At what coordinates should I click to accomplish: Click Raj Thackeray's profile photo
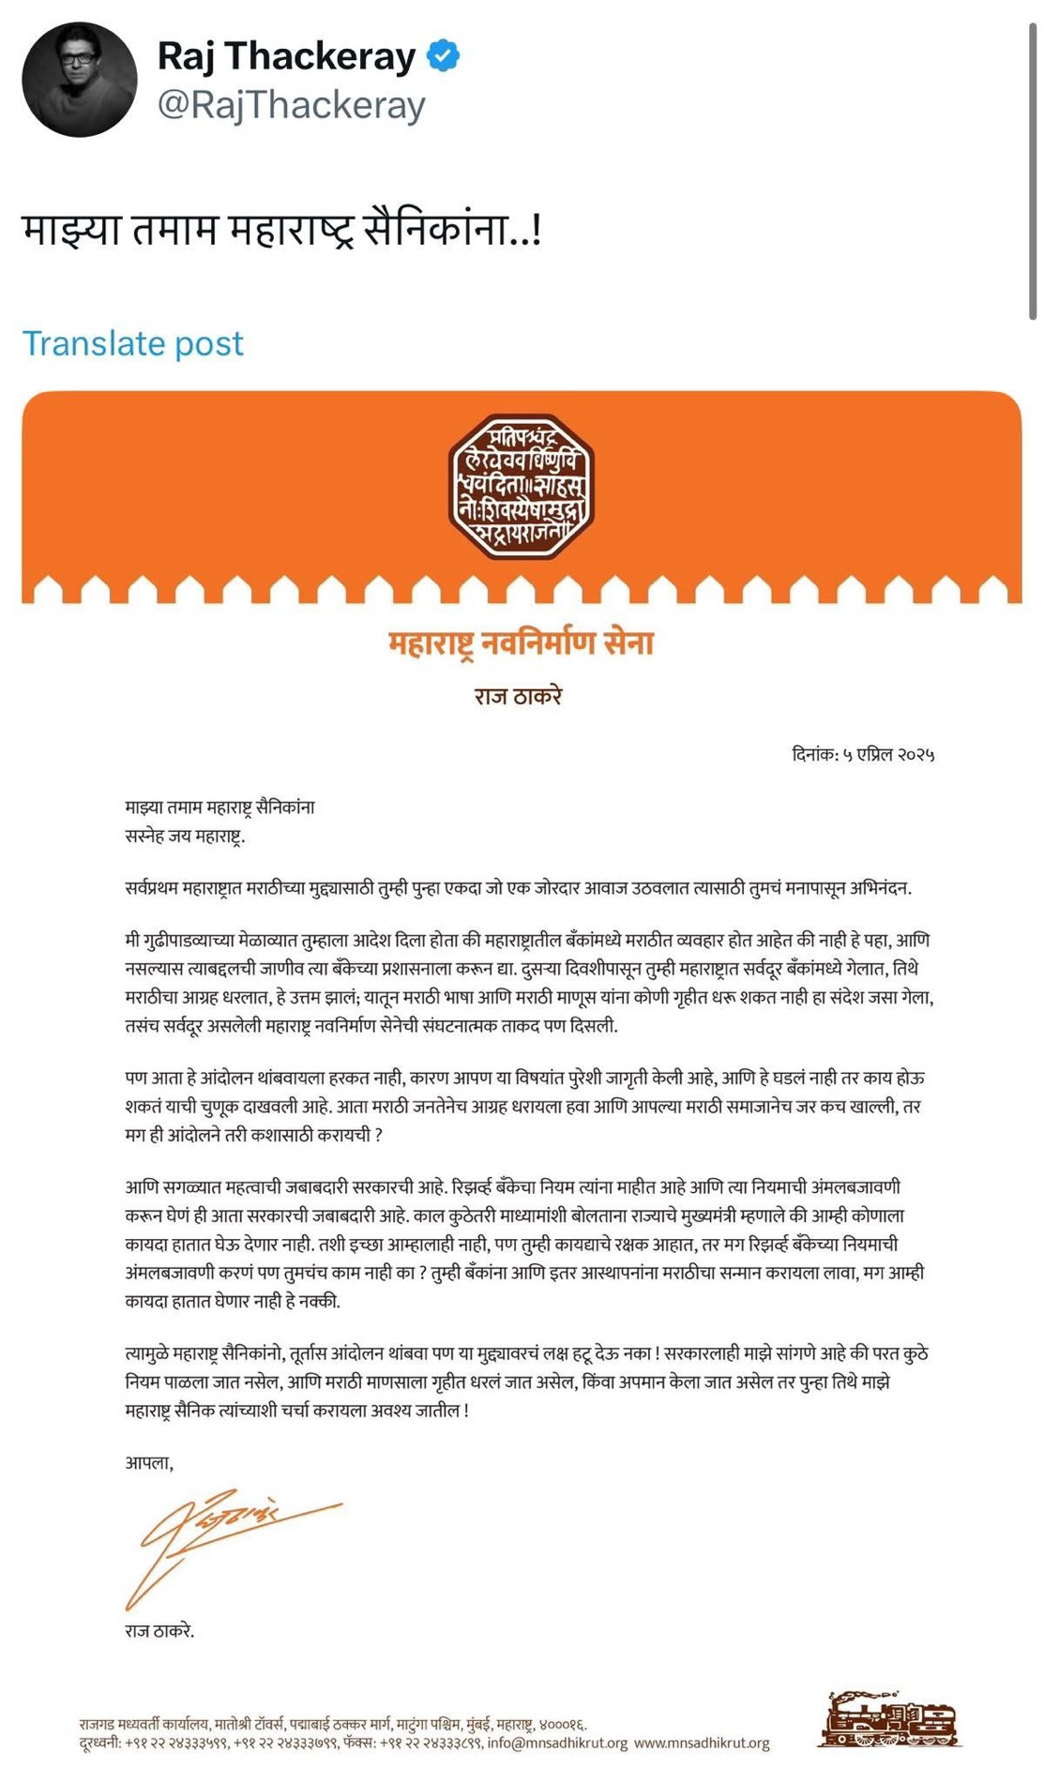(80, 80)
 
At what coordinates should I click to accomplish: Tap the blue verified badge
(443, 56)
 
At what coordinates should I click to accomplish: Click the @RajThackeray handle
(291, 104)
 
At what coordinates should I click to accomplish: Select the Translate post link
(132, 343)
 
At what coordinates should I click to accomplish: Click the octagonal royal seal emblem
(522, 487)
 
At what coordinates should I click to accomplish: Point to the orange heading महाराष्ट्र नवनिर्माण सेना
(522, 643)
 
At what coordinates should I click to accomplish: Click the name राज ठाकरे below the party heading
(518, 696)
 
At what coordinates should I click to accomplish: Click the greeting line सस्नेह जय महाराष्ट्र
(185, 836)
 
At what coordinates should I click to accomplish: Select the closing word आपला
(148, 1463)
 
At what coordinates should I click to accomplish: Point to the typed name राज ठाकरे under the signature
(159, 1631)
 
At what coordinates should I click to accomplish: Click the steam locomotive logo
(889, 1719)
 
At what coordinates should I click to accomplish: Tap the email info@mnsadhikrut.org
(557, 1744)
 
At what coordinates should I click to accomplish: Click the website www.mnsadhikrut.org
(702, 1744)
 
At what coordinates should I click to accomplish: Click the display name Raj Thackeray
(286, 56)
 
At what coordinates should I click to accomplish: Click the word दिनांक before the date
(814, 755)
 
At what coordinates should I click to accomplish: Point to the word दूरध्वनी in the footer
(99, 1744)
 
